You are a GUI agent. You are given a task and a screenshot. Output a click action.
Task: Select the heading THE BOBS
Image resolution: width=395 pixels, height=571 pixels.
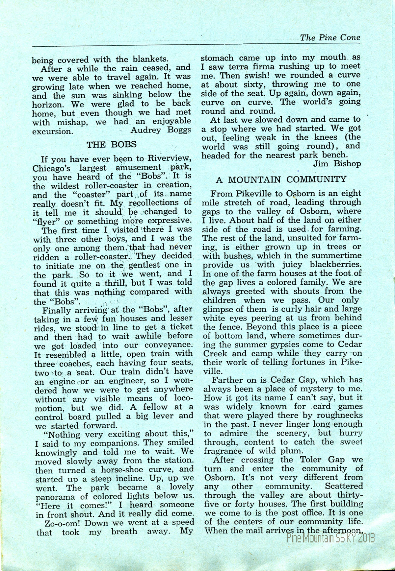point(111,144)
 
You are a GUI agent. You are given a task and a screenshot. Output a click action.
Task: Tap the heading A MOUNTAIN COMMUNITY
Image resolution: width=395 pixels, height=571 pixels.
point(281,179)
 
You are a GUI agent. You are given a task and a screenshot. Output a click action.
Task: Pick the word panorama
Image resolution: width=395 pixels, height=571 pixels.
point(53,496)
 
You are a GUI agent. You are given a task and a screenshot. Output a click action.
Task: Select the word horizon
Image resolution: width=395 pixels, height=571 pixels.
point(47,104)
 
